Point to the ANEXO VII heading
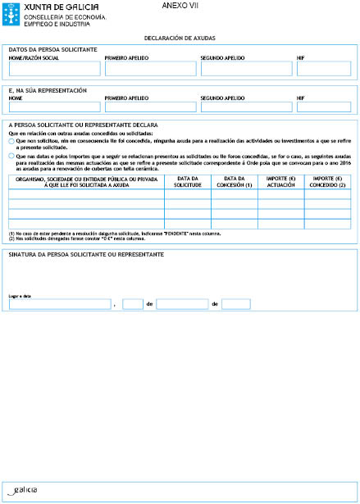179,6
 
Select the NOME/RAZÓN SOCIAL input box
53,69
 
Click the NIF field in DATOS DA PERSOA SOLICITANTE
324,69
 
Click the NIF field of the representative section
324,107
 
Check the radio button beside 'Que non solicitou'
11,140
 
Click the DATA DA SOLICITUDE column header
188,181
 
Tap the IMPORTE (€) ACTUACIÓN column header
281,181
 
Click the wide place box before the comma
58,304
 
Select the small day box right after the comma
133,304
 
